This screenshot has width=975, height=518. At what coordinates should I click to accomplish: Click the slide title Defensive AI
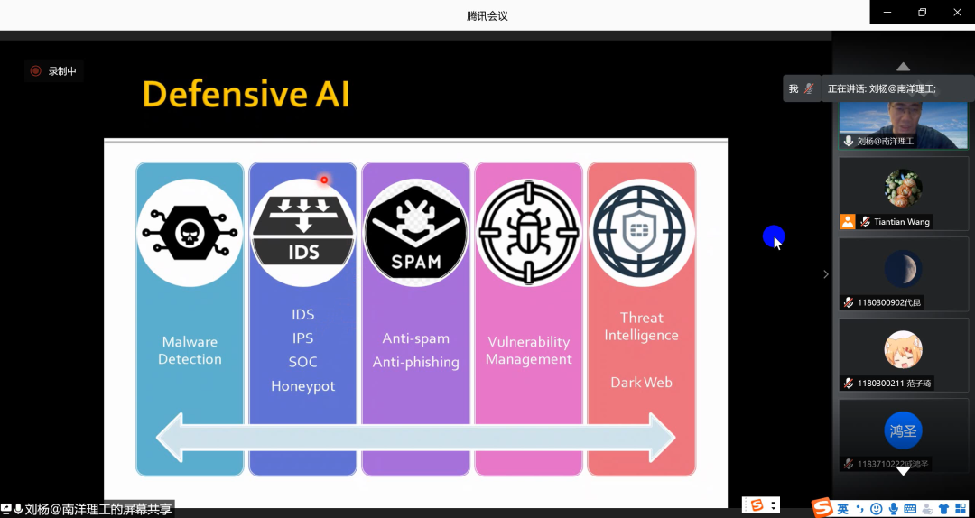pos(246,94)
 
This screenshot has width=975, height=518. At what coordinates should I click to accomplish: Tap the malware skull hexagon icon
pos(190,233)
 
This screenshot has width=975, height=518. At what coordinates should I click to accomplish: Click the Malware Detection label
pos(190,350)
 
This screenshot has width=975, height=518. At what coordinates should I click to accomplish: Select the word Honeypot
pos(302,386)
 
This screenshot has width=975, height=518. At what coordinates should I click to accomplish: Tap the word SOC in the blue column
pos(302,362)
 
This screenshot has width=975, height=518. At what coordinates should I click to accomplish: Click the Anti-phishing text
pos(415,362)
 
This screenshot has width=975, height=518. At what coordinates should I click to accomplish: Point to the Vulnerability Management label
pos(528,350)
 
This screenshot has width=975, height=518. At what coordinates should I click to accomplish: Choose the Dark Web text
pos(641,383)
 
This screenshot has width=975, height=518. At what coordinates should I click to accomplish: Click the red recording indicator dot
pos(36,70)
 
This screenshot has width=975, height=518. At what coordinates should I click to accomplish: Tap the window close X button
pos(957,12)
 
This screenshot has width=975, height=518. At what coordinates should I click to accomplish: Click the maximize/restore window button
pos(922,12)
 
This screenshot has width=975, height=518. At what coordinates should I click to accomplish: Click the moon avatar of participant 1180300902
pos(903,268)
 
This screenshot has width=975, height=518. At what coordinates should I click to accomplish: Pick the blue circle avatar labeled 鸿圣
pos(903,430)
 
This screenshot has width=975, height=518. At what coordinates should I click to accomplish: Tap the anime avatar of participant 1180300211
pos(903,349)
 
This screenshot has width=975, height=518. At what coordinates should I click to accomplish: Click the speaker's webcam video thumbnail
pos(903,122)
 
